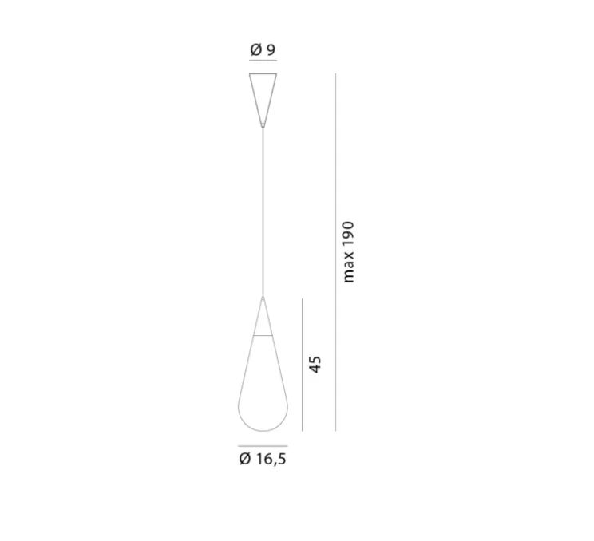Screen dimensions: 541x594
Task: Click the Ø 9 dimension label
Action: pos(263,50)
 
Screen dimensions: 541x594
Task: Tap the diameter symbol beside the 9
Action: pos(256,50)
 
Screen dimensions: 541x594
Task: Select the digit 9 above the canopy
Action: pos(271,50)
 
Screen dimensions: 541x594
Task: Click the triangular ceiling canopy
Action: pos(263,92)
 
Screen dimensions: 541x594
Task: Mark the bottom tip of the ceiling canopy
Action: pos(263,124)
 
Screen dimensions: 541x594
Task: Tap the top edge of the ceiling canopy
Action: pos(263,75)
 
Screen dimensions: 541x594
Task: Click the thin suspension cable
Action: pos(263,207)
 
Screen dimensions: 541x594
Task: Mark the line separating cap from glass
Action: pos(263,336)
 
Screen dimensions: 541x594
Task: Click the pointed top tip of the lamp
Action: pos(263,297)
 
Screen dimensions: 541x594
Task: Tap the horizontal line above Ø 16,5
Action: pos(263,444)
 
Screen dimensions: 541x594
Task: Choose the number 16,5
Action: pos(271,459)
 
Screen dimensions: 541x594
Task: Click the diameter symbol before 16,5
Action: pos(244,459)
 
